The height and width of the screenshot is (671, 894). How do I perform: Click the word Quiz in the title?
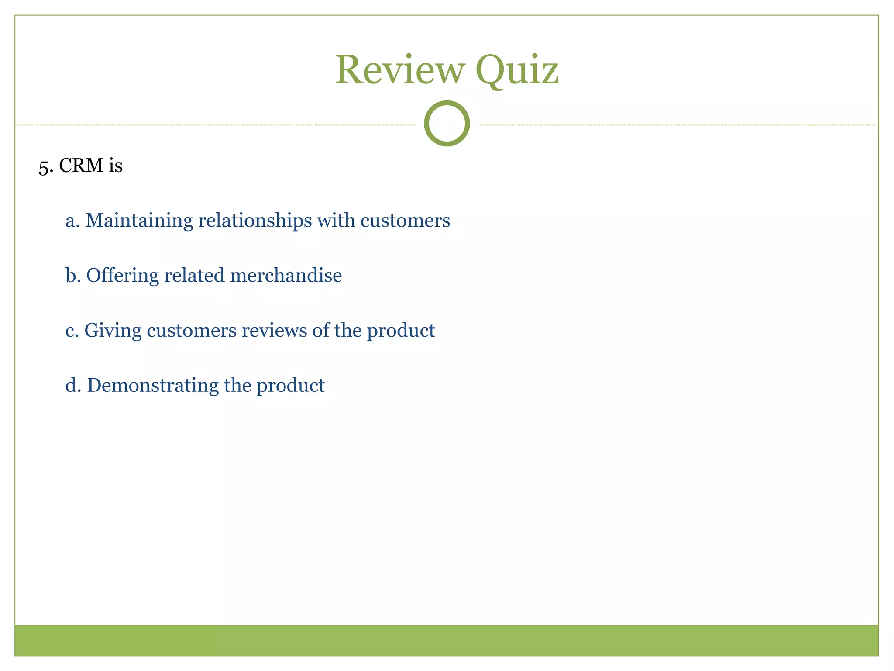coord(517,71)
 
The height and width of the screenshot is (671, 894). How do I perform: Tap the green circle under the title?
coord(447,123)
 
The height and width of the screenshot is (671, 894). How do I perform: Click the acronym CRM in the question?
coord(81,166)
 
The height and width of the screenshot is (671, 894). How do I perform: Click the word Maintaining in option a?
coord(139,221)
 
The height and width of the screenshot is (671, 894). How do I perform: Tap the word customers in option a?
coord(405,221)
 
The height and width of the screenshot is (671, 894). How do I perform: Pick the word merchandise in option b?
coord(286,275)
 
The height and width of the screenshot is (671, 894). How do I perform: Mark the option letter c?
coord(72,331)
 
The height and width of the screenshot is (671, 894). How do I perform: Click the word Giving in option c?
coord(113,331)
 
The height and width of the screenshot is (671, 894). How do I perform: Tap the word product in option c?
coord(401,331)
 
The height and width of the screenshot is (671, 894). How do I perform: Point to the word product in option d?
coord(290,385)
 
